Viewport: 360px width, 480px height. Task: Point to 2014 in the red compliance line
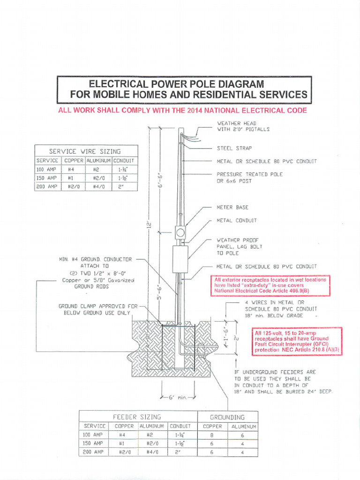click(x=201, y=111)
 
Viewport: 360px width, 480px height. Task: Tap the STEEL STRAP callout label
click(x=234, y=148)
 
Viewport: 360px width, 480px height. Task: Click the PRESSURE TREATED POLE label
click(x=249, y=174)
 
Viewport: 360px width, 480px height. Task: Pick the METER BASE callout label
click(x=232, y=207)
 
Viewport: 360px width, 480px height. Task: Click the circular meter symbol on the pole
click(x=180, y=232)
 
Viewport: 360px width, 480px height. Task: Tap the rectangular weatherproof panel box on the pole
click(x=180, y=259)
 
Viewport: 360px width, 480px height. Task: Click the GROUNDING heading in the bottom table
click(x=227, y=417)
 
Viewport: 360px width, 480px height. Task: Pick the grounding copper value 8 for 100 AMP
click(x=212, y=435)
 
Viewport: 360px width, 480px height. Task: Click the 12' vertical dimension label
click(x=148, y=225)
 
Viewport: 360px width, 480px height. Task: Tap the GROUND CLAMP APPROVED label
click(x=97, y=309)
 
